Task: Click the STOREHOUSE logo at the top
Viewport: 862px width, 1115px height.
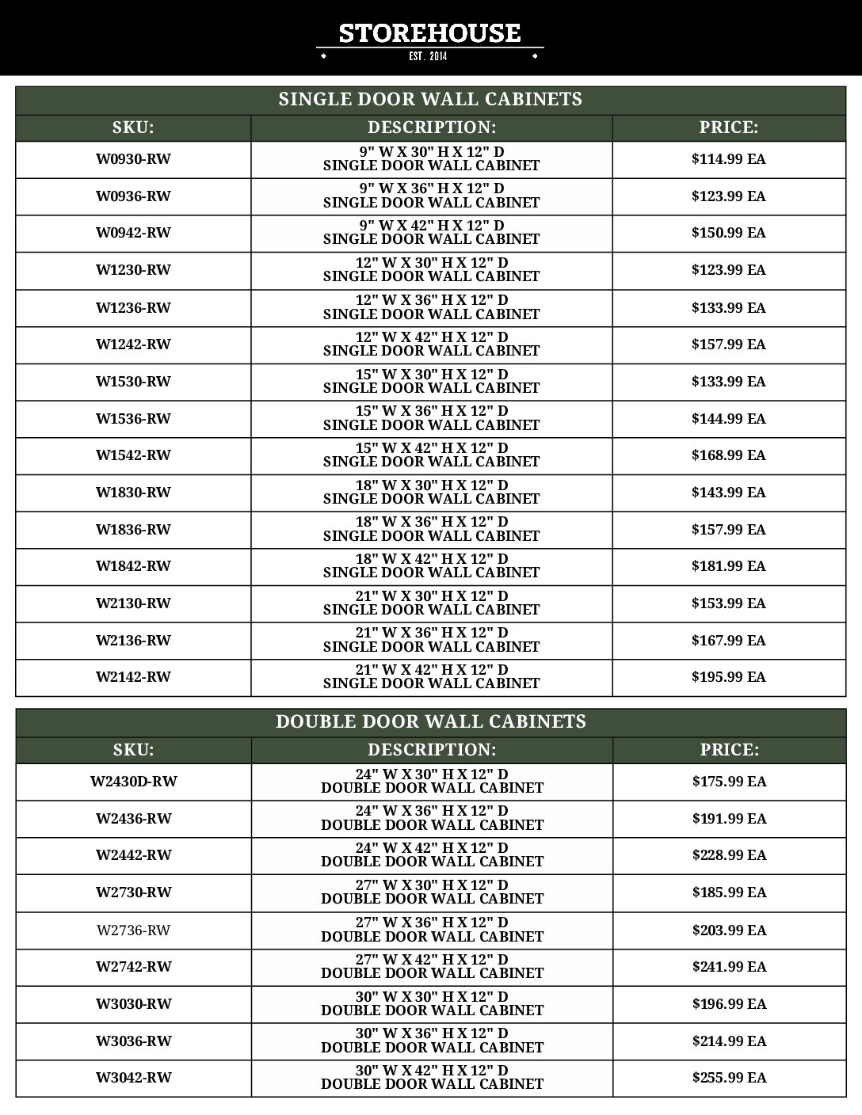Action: coord(429,33)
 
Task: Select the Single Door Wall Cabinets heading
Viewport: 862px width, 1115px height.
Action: coord(430,100)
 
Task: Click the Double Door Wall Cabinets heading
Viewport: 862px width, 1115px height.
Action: coord(430,722)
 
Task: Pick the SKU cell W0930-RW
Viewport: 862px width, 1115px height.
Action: coord(133,159)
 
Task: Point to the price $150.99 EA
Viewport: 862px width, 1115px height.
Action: coord(728,233)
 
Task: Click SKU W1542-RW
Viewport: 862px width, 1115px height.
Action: coord(133,455)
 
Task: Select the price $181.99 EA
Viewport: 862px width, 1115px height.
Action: coord(728,566)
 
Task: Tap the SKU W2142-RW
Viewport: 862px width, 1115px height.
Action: coord(133,677)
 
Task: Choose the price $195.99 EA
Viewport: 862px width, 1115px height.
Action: coord(728,677)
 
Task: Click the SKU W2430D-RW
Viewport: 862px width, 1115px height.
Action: coord(133,782)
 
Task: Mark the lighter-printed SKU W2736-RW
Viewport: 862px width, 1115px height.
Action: coord(133,930)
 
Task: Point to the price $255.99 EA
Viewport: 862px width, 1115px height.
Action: coord(729,1078)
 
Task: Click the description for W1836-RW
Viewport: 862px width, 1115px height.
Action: coord(431,529)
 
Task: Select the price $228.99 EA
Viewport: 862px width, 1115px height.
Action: coord(729,855)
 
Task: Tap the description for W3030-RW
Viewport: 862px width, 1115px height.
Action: coord(432,1003)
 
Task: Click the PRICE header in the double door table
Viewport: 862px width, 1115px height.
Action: coord(729,750)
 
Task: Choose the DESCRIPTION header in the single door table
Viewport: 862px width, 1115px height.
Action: coord(431,127)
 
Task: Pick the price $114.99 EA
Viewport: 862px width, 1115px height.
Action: coord(728,159)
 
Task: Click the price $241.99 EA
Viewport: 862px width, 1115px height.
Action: coord(729,967)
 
